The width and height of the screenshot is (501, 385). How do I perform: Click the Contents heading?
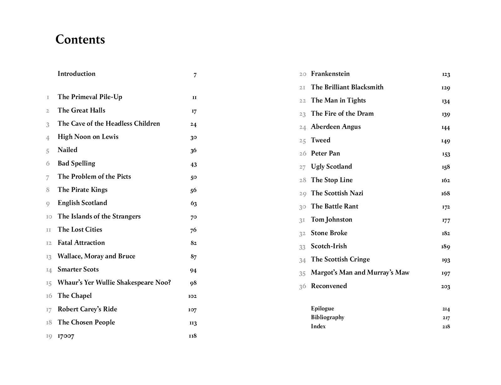pos(80,40)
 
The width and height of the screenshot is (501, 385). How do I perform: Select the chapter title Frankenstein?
pos(330,74)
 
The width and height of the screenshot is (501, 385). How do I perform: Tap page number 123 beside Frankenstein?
pos(446,74)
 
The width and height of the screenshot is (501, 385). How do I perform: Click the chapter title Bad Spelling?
pos(76,163)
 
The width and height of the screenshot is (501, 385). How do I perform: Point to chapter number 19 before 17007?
pos(49,336)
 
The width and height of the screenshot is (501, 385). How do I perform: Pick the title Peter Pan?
pos(325,153)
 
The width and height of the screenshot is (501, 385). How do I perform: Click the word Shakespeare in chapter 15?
pos(137,282)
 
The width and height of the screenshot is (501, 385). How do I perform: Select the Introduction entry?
pos(76,74)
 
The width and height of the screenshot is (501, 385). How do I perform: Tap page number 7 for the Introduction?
pos(195,75)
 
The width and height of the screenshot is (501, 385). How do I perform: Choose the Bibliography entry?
pos(328,317)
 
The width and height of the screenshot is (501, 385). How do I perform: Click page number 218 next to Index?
pos(446,326)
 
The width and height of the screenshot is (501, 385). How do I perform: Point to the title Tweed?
pos(320,140)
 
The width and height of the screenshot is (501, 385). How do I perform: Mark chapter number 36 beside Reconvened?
pos(302,286)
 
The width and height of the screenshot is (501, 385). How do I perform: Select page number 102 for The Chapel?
pos(192,296)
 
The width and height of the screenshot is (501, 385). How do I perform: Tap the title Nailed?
pos(67,150)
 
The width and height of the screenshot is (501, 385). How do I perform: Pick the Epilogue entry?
pos(322,309)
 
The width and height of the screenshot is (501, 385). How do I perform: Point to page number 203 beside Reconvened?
pos(445,286)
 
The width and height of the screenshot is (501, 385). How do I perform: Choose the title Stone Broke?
pos(329,233)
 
